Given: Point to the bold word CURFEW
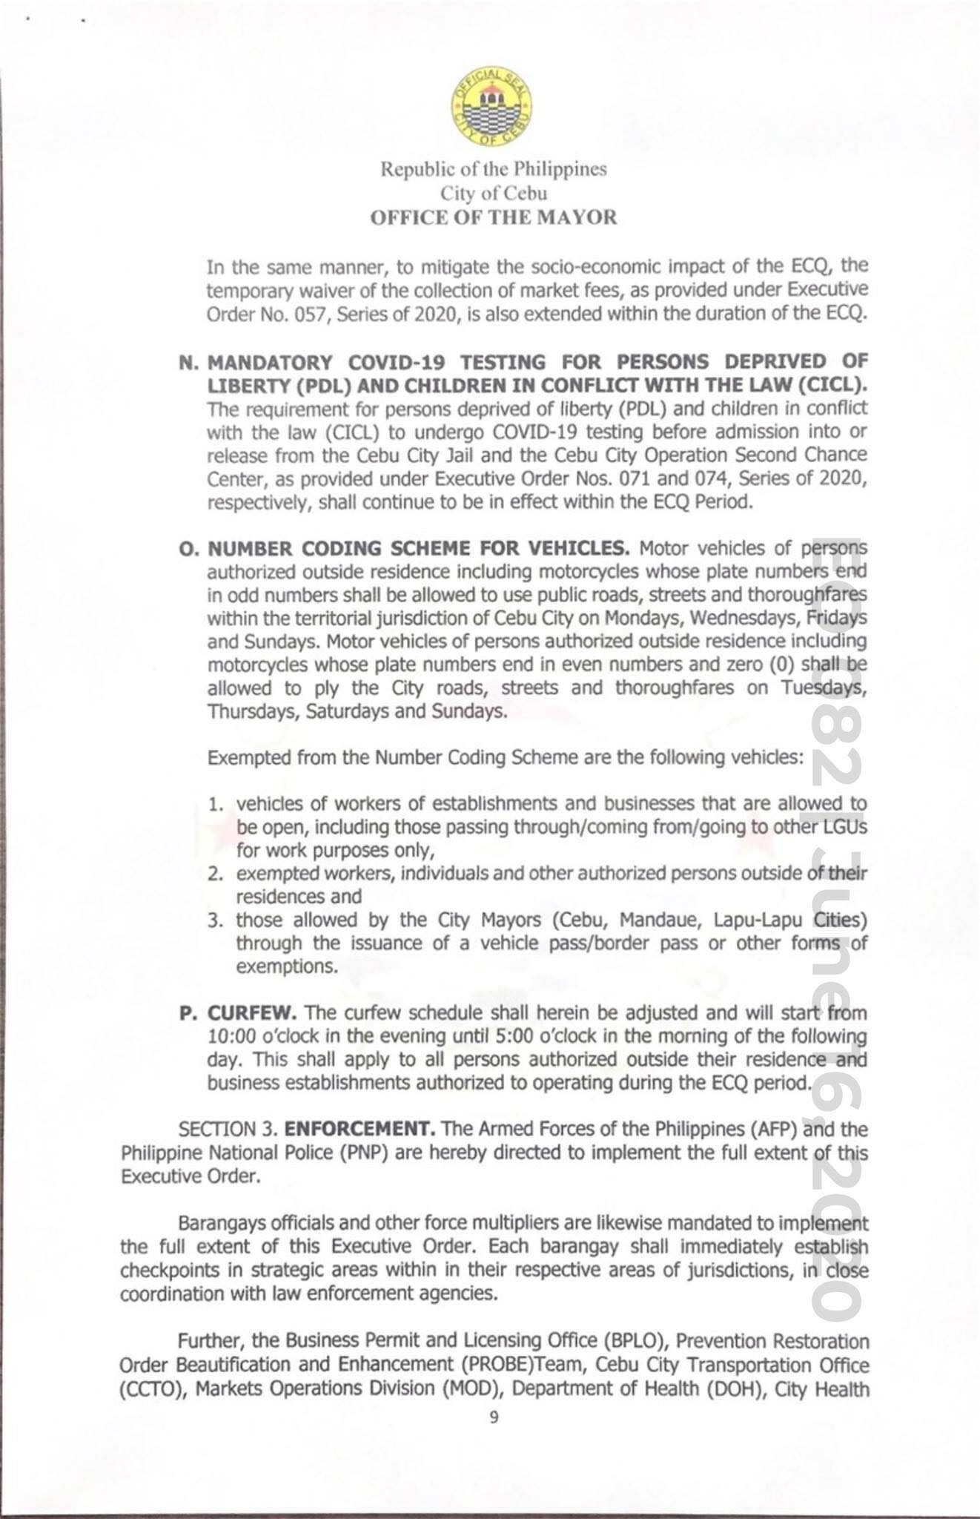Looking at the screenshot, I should [252, 1012].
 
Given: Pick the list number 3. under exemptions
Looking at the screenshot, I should [216, 920].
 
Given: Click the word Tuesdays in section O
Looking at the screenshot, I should [822, 688].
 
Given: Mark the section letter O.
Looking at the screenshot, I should [188, 550].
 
